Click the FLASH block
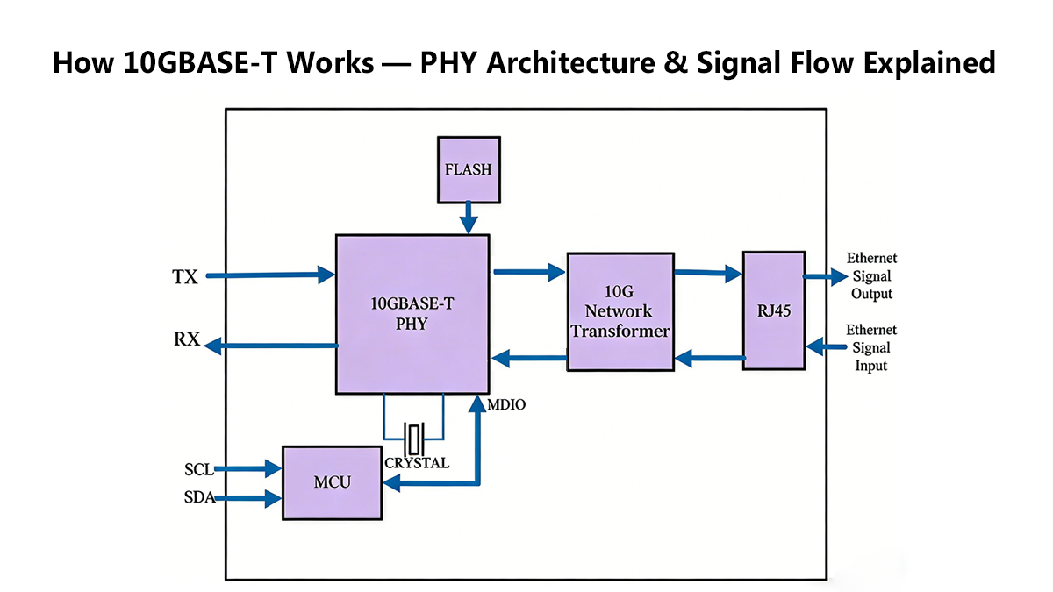click(469, 168)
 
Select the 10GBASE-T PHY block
click(412, 314)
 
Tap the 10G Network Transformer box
click(620, 311)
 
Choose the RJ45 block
click(773, 310)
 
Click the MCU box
click(333, 483)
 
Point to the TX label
click(185, 277)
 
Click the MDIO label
click(506, 405)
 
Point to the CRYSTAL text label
click(417, 462)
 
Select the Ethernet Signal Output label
click(871, 276)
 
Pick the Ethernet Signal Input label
click(871, 347)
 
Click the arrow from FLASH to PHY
click(469, 216)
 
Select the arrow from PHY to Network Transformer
click(528, 272)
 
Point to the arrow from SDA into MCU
click(247, 499)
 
